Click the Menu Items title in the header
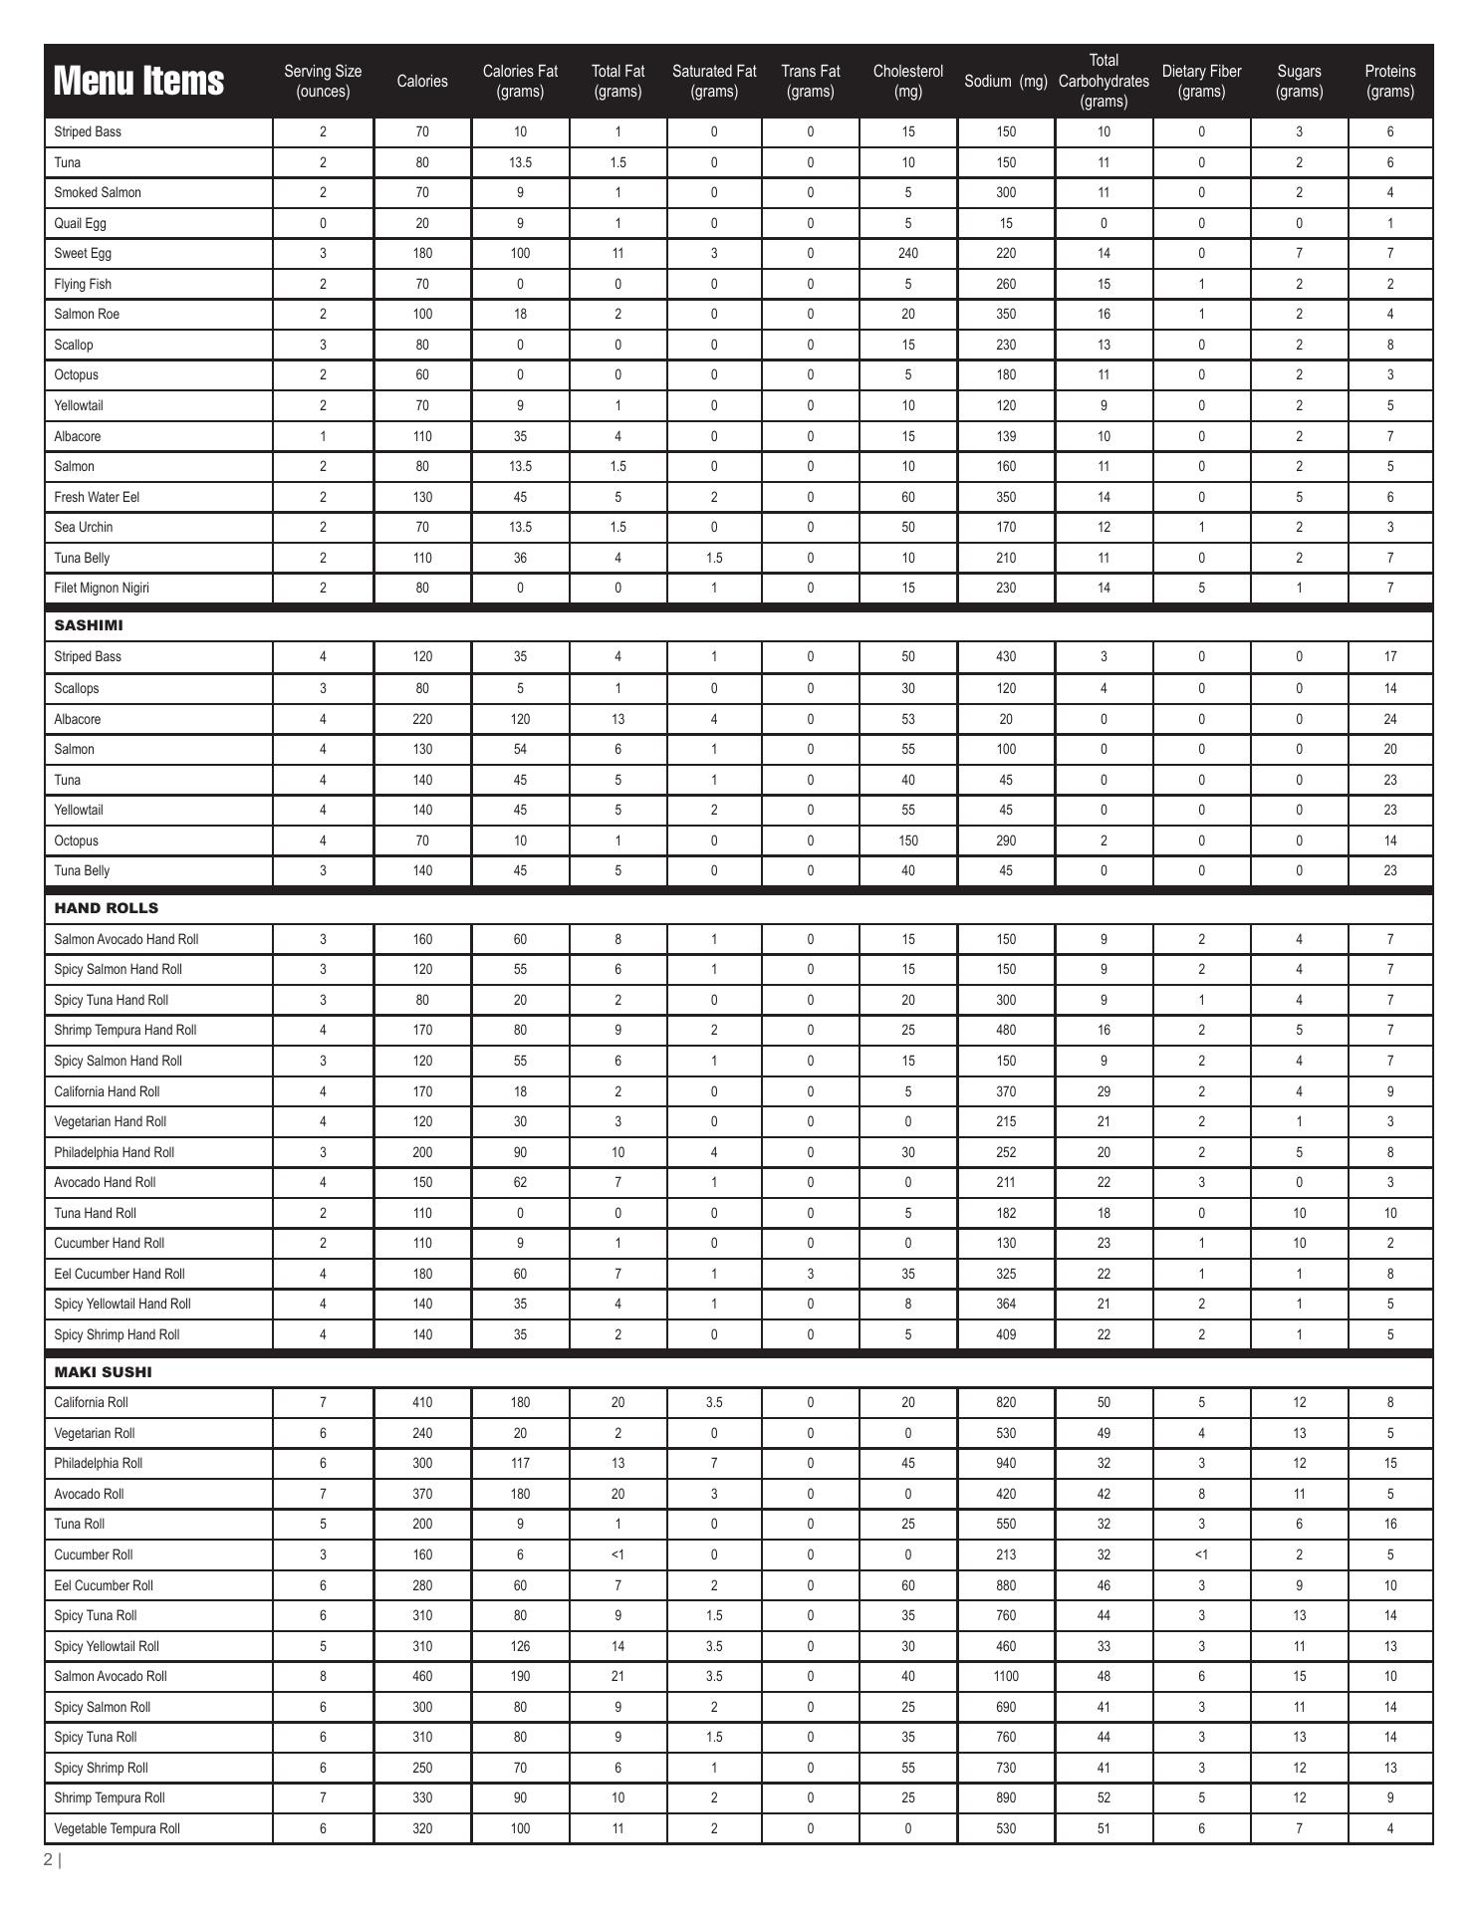point(138,81)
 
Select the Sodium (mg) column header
point(1005,82)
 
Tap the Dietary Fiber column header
point(1201,82)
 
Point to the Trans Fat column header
point(810,82)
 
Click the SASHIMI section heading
point(89,625)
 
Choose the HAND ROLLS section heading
point(107,908)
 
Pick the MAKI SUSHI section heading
point(103,1372)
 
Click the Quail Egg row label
point(80,223)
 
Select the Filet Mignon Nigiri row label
point(102,588)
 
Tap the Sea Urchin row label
point(84,527)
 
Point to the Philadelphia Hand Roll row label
point(114,1152)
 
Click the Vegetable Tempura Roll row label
point(117,1828)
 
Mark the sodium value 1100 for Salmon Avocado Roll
point(1006,1676)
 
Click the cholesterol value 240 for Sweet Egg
point(907,253)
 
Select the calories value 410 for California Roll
point(422,1402)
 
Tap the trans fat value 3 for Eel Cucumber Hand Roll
point(810,1274)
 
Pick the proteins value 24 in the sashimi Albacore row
point(1389,719)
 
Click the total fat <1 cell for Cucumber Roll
point(617,1554)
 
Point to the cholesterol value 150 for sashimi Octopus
point(907,840)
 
